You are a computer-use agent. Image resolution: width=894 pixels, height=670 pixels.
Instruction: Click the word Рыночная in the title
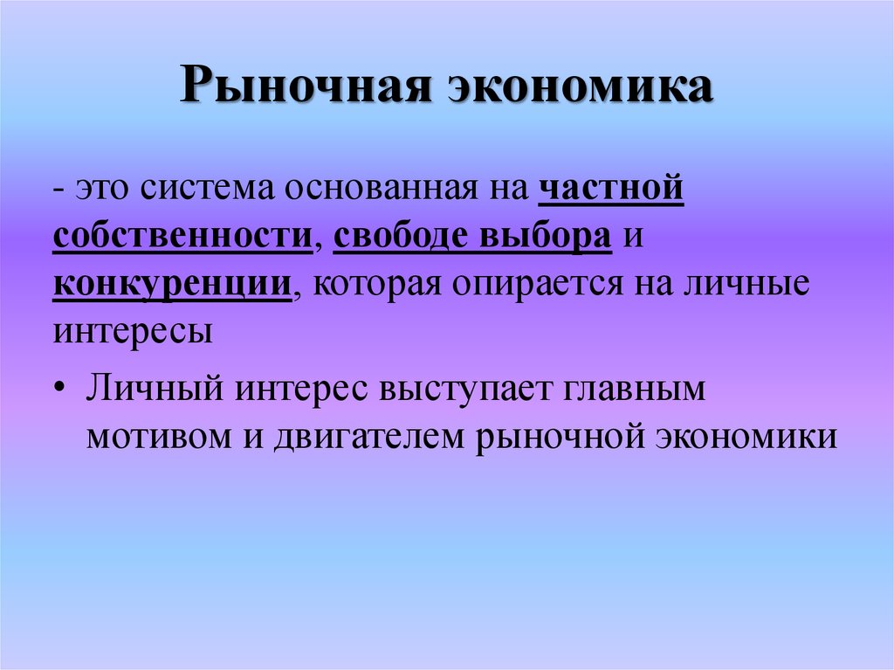click(x=306, y=85)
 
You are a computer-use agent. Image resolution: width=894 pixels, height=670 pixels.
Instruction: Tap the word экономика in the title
click(x=580, y=86)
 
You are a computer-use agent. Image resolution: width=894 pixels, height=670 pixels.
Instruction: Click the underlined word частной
click(x=610, y=189)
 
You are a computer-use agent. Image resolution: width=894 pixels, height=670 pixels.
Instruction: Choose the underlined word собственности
click(x=182, y=236)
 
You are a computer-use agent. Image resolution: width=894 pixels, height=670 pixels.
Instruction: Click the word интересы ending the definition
click(x=133, y=331)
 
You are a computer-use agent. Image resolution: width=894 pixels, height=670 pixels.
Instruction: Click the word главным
click(x=635, y=389)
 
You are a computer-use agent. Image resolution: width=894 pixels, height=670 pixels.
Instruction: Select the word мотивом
click(x=159, y=437)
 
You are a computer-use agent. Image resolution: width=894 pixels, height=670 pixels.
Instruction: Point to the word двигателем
click(x=369, y=438)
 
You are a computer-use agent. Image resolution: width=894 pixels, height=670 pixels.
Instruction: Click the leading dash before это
click(x=58, y=190)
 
